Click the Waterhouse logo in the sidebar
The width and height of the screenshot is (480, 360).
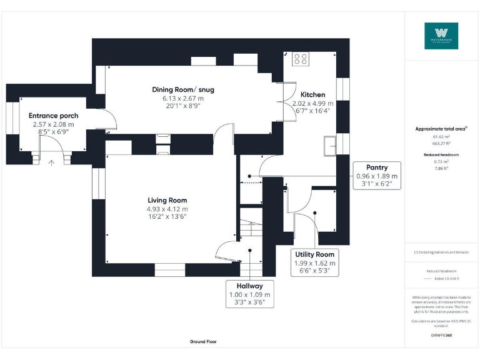click(x=441, y=36)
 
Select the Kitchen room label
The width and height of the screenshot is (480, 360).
click(x=313, y=94)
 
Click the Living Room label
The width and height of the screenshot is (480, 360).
click(x=167, y=201)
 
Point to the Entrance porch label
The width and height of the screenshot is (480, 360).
click(x=53, y=116)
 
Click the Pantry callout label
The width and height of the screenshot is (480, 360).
click(x=377, y=167)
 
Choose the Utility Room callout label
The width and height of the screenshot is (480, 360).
click(x=316, y=255)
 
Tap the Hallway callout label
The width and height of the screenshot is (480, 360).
click(x=249, y=286)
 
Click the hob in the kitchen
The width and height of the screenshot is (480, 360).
click(x=299, y=59)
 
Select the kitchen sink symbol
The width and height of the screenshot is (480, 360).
click(x=330, y=146)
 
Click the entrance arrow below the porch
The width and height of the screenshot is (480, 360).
click(x=52, y=163)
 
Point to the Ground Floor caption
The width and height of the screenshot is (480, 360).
click(x=203, y=342)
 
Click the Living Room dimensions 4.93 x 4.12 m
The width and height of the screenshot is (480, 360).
click(x=167, y=209)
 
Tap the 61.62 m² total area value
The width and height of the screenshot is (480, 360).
click(x=441, y=136)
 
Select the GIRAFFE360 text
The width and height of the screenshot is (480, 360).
click(x=441, y=336)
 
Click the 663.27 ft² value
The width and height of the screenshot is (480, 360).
click(x=441, y=143)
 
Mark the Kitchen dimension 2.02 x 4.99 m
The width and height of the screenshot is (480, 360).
click(x=313, y=103)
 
